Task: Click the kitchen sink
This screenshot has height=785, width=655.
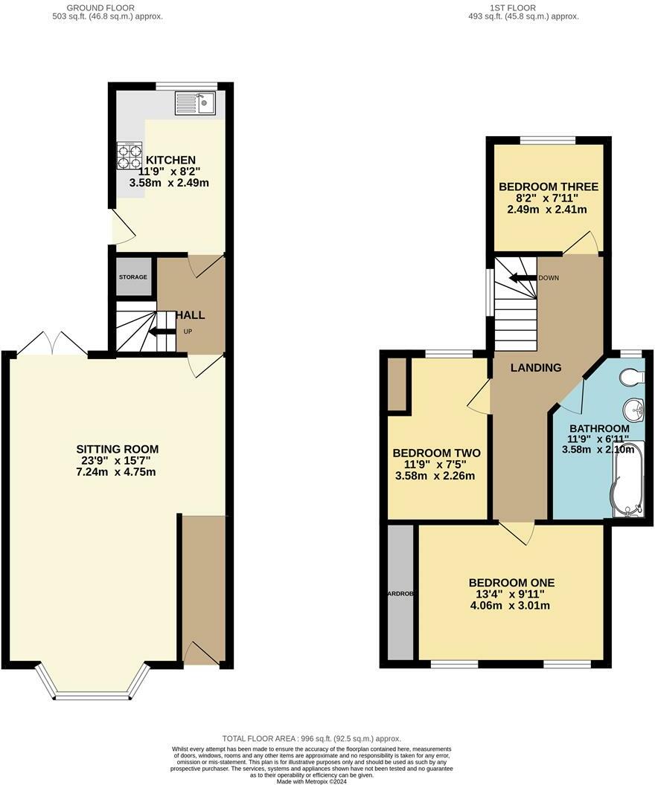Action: click(x=195, y=103)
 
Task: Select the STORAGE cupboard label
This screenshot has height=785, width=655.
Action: click(x=133, y=277)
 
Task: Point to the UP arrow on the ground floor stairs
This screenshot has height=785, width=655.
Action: click(x=160, y=332)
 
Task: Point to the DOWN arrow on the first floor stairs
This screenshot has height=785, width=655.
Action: click(x=523, y=278)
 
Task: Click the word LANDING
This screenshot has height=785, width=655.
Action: click(x=536, y=368)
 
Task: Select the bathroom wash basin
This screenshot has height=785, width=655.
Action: click(x=633, y=409)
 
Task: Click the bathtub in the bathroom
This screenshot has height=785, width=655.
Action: click(x=625, y=483)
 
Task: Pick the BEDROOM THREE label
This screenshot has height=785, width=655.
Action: click(x=549, y=187)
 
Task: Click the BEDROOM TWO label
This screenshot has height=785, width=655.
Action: click(x=436, y=453)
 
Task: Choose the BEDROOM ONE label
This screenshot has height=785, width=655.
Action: click(x=511, y=583)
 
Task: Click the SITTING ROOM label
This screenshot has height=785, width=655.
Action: click(x=118, y=449)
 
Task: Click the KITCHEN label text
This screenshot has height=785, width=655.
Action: click(x=170, y=160)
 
